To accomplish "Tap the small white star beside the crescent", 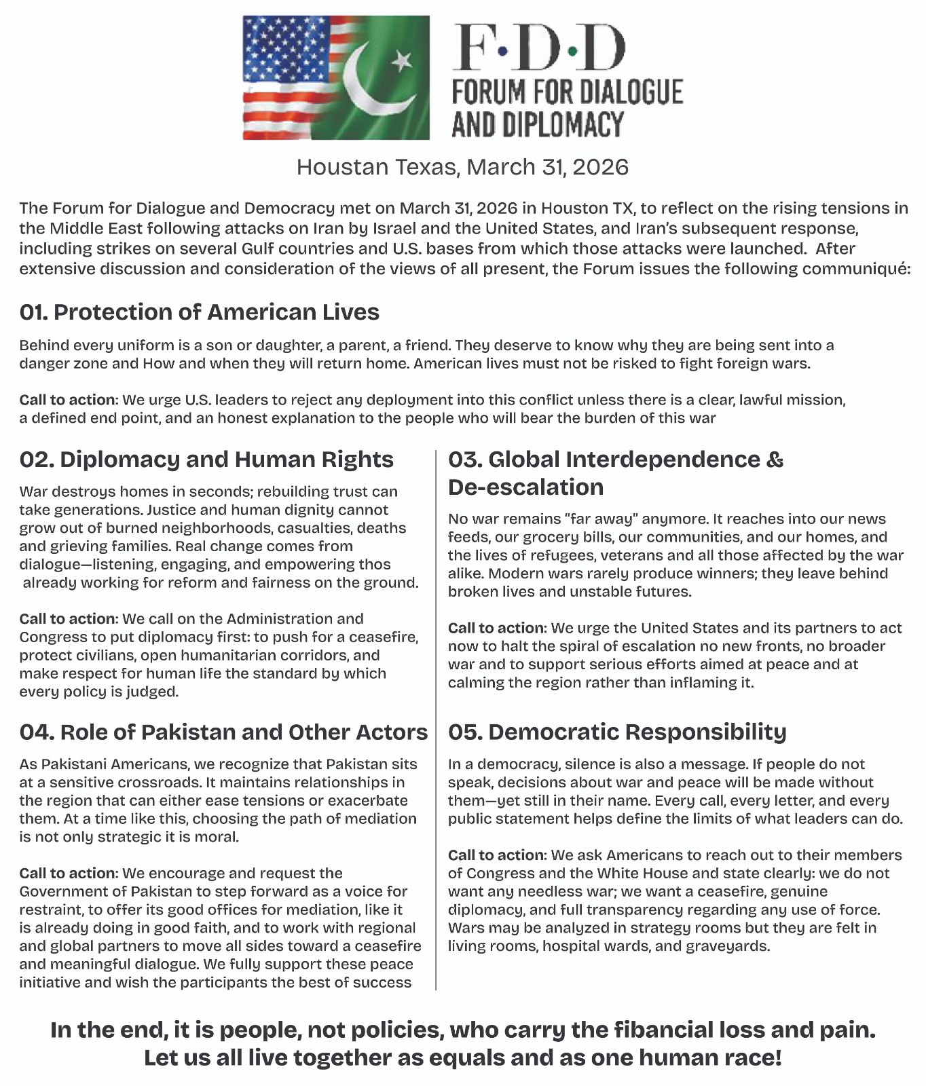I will (402, 60).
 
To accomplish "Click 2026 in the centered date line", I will (600, 167).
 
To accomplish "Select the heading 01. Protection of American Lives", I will (199, 312).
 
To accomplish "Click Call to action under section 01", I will (69, 400).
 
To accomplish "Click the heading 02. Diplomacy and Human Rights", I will (206, 460).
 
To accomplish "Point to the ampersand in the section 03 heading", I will (775, 460).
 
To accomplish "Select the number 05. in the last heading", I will (464, 732).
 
